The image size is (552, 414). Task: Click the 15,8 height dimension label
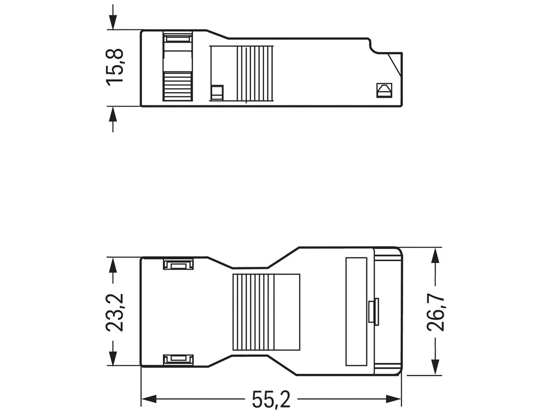[115, 68]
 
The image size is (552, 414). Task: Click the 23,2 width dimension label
[115, 312]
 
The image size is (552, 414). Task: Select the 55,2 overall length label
[271, 399]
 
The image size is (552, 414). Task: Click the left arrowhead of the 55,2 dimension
[149, 399]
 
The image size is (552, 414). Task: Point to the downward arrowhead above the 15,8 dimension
[113, 22]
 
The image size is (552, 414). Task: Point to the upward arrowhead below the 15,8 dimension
[113, 114]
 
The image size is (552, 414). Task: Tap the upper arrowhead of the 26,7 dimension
[435, 255]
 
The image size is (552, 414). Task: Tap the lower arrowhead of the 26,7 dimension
[435, 368]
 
